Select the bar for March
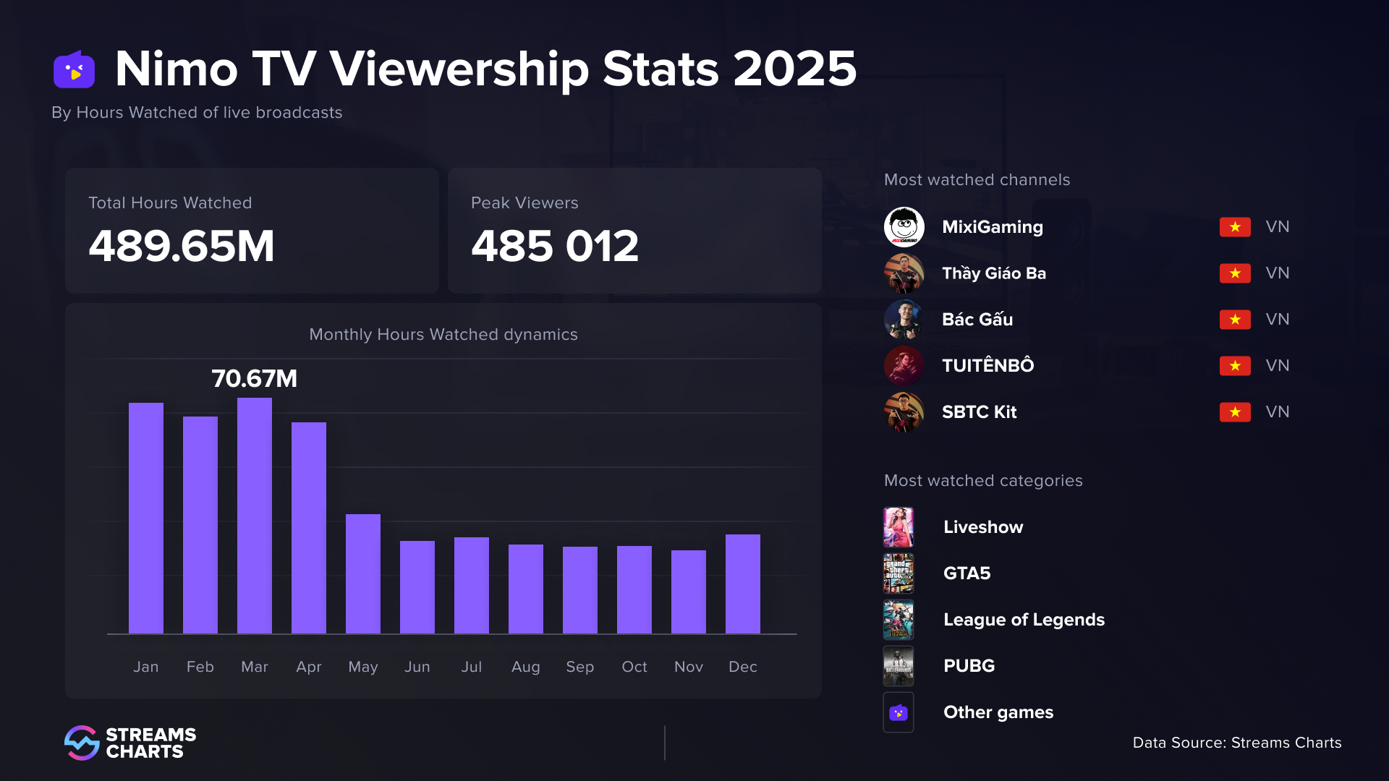point(255,516)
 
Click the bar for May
point(363,574)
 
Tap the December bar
point(743,584)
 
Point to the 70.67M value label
point(255,378)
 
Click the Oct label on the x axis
point(634,667)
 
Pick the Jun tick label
point(417,667)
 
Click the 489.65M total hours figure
point(182,246)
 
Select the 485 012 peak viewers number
point(555,246)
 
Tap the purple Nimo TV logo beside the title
point(75,70)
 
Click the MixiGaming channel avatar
point(904,227)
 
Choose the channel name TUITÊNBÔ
point(987,366)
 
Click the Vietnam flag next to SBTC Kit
point(1235,412)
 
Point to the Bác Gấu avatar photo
point(904,320)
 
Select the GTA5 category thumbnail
point(899,573)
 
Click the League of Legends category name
point(1024,620)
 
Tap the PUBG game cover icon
point(899,666)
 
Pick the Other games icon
point(899,712)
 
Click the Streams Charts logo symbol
point(82,743)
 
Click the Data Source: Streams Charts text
point(1236,743)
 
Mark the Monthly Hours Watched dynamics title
point(443,335)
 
